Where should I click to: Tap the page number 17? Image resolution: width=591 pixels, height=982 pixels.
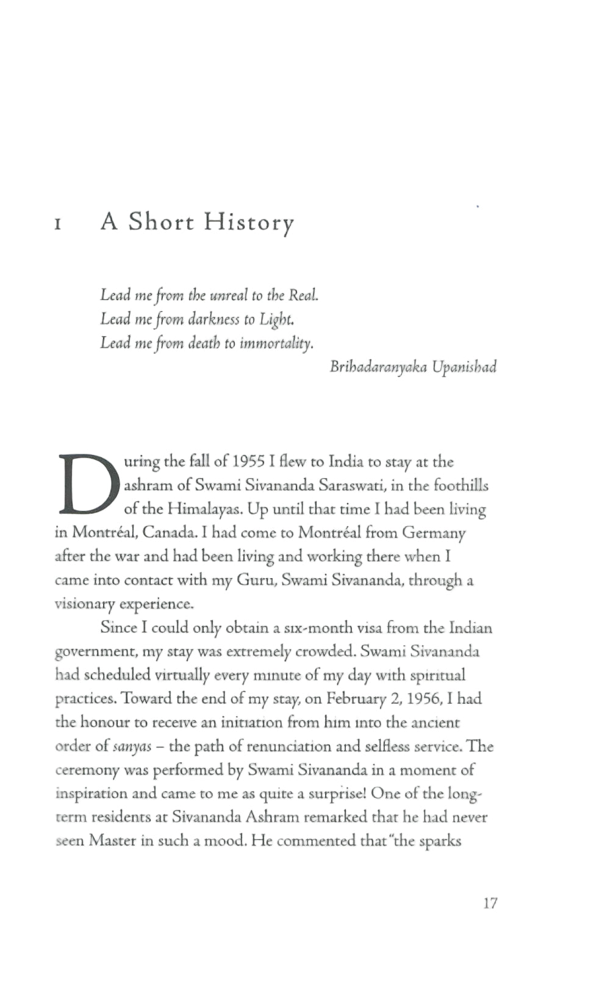click(490, 903)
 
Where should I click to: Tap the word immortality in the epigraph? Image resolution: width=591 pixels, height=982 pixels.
click(277, 343)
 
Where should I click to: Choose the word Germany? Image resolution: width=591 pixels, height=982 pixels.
click(434, 533)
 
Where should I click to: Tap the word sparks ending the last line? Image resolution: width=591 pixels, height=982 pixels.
click(440, 842)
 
